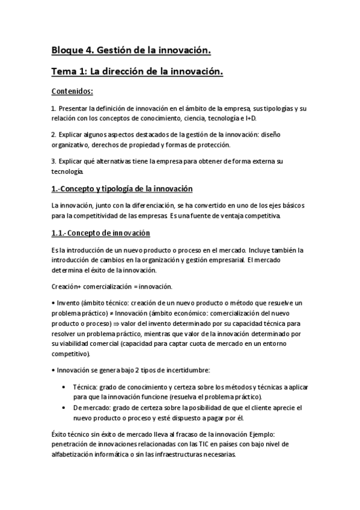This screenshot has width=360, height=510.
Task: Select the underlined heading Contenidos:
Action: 73,91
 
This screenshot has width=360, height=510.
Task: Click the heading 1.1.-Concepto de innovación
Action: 100,233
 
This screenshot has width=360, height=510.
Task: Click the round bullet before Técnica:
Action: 64,387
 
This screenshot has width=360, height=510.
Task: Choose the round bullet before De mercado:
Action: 64,407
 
